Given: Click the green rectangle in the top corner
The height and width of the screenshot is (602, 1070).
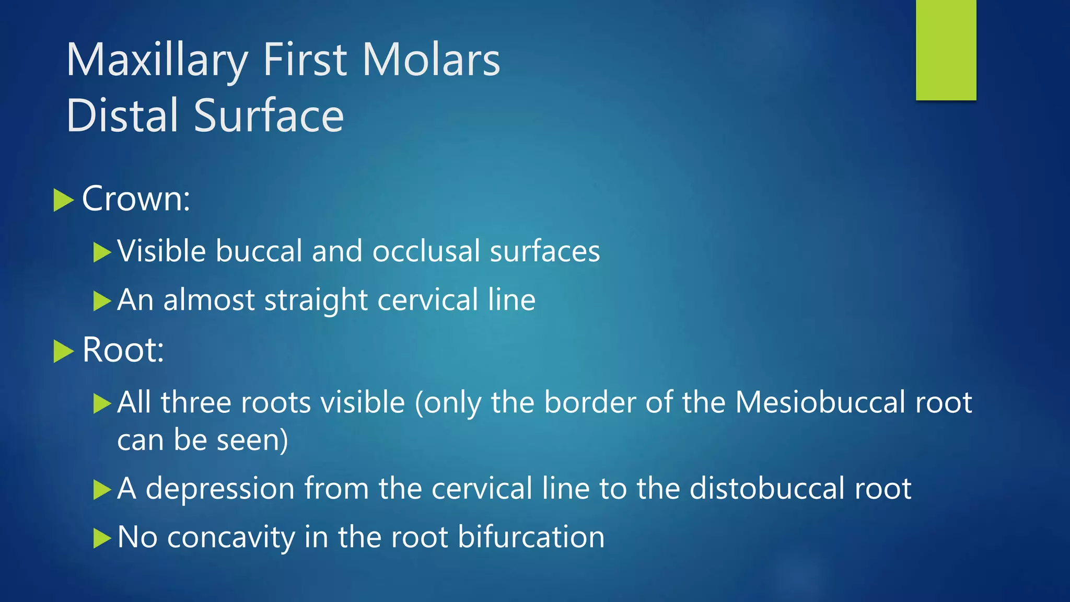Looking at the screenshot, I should (x=946, y=50).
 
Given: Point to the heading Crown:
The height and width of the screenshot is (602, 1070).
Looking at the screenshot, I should (x=136, y=199).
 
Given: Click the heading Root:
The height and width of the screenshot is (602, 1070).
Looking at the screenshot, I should (x=123, y=350).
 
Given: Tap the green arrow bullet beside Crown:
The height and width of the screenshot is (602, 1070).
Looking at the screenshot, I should (x=63, y=201).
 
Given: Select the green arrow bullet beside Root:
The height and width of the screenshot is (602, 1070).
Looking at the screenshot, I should (x=63, y=351).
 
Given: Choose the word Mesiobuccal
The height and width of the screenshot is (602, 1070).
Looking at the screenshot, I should (x=820, y=403).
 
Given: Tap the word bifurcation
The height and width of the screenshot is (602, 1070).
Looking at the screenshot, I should (x=531, y=537).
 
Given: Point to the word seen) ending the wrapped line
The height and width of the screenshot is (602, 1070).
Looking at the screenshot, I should (x=252, y=441).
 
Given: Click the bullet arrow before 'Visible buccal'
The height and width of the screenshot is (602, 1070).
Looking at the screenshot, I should (x=102, y=252).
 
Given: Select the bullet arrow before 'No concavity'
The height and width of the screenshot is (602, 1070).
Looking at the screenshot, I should (x=102, y=538).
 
